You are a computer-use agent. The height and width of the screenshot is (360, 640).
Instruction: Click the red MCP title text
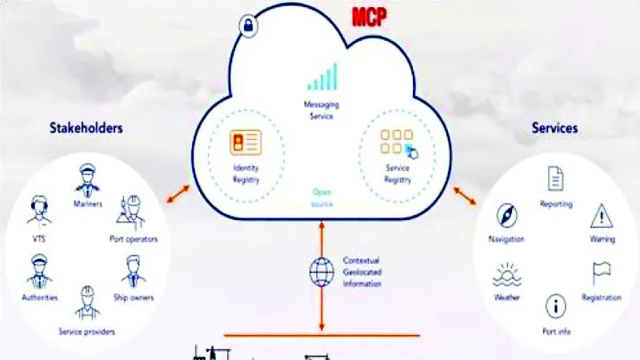tap(369, 17)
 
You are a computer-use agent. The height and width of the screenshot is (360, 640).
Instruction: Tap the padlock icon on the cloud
tap(248, 26)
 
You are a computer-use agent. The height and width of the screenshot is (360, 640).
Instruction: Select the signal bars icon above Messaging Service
tap(322, 77)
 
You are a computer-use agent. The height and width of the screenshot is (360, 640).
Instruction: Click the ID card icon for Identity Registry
tap(246, 142)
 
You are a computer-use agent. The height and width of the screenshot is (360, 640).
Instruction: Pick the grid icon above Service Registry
tap(398, 144)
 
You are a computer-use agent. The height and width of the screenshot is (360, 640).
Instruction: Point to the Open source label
tap(322, 198)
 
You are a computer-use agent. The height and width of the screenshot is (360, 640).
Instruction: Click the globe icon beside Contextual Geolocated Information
tap(322, 272)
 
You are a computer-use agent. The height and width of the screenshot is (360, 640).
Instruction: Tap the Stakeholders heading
tap(86, 128)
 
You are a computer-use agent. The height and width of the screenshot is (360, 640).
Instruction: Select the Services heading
tap(554, 128)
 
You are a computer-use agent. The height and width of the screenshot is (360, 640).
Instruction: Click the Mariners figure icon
tap(87, 180)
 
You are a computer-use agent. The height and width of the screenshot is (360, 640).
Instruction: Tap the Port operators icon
tap(131, 212)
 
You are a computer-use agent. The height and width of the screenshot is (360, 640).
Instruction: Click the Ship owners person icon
tap(134, 271)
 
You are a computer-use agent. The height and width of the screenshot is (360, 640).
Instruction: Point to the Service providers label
tap(86, 331)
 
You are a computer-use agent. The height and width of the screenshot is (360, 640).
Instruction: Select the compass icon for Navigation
tap(507, 215)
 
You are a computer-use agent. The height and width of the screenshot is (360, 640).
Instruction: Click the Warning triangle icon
tap(602, 216)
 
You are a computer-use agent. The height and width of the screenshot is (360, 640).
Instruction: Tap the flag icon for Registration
tap(602, 273)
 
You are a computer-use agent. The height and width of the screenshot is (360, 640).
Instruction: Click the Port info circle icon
tap(555, 306)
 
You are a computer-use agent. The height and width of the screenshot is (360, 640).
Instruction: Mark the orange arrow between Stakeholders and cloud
tap(178, 194)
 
